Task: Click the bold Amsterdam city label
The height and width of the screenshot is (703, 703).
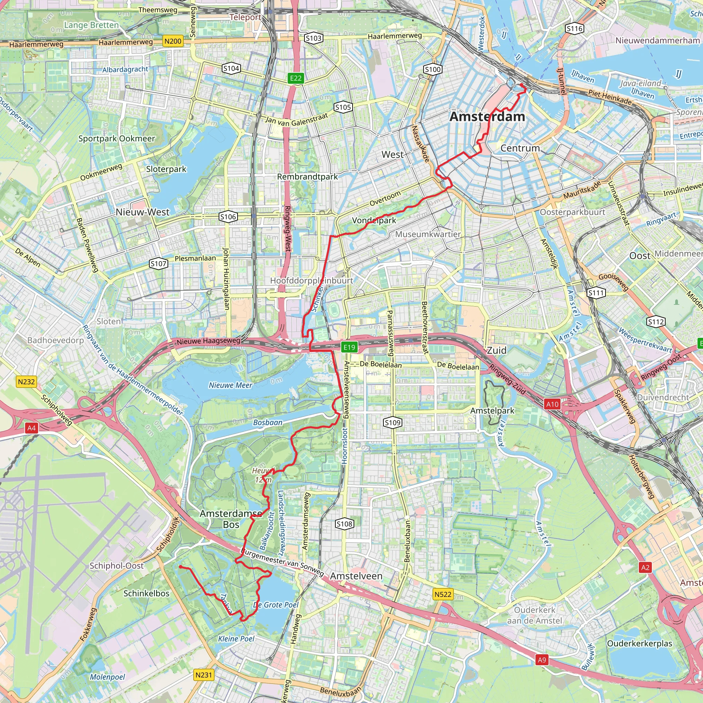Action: pos(487,116)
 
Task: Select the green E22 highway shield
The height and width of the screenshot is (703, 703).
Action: pos(296,78)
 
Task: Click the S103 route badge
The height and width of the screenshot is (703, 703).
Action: pos(313,38)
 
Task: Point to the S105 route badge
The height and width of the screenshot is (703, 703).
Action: pos(343,107)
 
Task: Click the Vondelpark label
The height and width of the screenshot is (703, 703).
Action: pos(374,220)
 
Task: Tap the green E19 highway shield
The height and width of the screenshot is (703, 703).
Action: pos(349,347)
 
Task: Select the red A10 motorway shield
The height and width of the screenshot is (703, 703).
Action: pos(552,404)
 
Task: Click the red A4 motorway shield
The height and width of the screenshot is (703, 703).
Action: pos(32,428)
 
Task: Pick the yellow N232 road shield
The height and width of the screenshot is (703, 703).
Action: pos(26,382)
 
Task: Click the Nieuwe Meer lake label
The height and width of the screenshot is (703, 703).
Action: pos(230,385)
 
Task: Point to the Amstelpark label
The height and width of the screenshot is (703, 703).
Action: pos(492,411)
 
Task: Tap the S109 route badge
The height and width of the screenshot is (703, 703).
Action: pos(392,423)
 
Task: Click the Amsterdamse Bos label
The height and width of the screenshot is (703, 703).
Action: pos(231,519)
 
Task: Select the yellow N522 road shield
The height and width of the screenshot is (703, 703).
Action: pos(443,594)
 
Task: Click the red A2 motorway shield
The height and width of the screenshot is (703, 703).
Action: pos(645,567)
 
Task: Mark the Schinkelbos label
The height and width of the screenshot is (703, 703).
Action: pos(146,593)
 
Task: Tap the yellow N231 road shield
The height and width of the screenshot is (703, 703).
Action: pos(204,675)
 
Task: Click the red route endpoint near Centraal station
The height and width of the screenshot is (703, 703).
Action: pos(521,85)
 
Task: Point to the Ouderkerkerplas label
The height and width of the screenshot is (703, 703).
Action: pos(639,643)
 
